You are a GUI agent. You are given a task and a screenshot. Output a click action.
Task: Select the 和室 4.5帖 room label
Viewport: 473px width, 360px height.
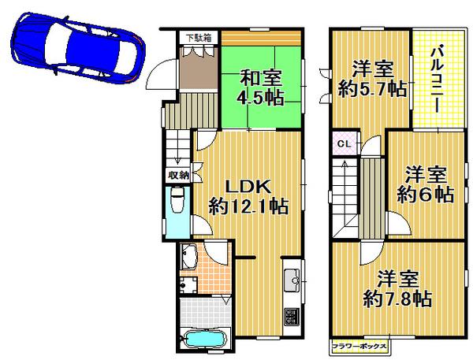(260, 88)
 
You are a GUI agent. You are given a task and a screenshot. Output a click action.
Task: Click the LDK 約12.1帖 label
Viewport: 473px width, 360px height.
(248, 196)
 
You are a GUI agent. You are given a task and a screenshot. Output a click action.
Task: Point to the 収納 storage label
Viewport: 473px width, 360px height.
(177, 175)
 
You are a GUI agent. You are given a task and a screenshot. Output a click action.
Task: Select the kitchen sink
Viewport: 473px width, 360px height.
(290, 278)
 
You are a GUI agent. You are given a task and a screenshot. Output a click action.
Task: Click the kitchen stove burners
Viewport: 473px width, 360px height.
(291, 317)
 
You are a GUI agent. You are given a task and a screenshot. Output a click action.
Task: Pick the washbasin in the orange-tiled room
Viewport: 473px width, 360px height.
(190, 255)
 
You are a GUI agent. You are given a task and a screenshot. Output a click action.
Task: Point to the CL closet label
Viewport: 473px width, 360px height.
(344, 144)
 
